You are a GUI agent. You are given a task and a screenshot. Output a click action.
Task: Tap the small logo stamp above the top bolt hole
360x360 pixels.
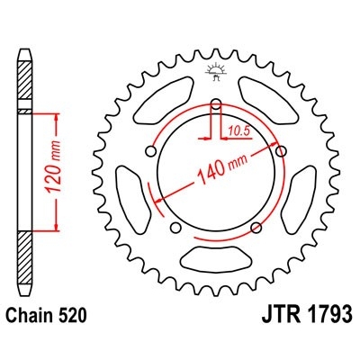point(218,69)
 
